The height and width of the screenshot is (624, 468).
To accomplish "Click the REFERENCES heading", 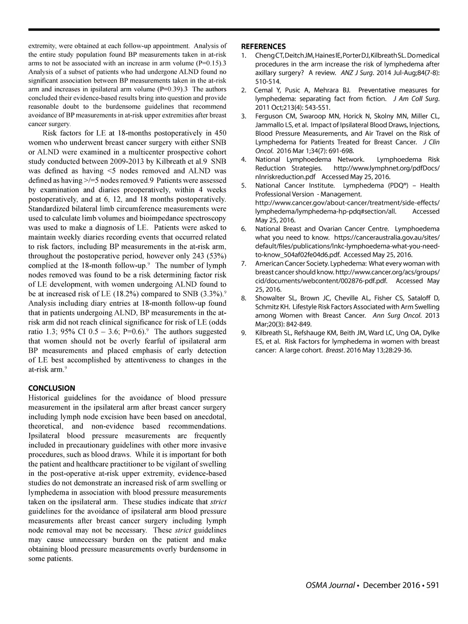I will click(263, 46).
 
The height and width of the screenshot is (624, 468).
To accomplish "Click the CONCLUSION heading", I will click(52, 388).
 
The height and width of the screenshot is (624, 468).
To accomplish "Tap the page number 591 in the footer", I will click(432, 585).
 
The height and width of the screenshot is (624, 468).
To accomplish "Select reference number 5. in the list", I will click(244, 186).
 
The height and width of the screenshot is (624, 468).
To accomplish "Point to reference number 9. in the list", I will click(244, 333).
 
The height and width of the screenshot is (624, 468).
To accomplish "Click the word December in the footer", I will click(388, 585).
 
